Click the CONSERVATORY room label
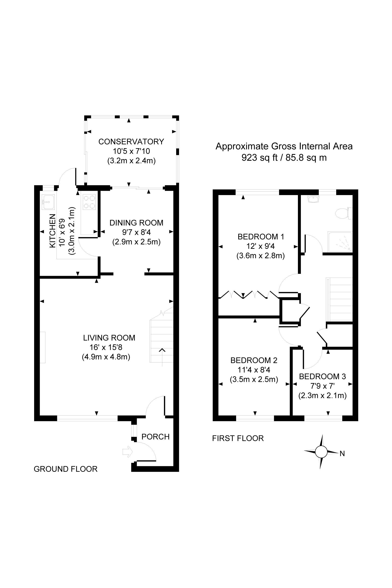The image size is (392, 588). pyautogui.click(x=131, y=142)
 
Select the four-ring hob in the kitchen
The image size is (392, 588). pyautogui.click(x=89, y=202)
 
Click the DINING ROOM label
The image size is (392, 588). pyautogui.click(x=136, y=223)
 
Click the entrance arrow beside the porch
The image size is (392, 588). pyautogui.click(x=127, y=452)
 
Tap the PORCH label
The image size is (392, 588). pyautogui.click(x=155, y=437)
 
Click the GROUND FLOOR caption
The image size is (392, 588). pyautogui.click(x=65, y=469)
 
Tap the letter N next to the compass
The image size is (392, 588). pyautogui.click(x=342, y=454)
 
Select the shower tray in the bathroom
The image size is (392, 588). pyautogui.click(x=339, y=242)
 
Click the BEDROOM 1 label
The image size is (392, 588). pyautogui.click(x=261, y=237)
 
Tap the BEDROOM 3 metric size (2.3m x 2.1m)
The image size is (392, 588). pyautogui.click(x=322, y=396)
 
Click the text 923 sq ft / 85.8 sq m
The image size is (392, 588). pyautogui.click(x=284, y=158)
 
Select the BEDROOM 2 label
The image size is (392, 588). pyautogui.click(x=254, y=360)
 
